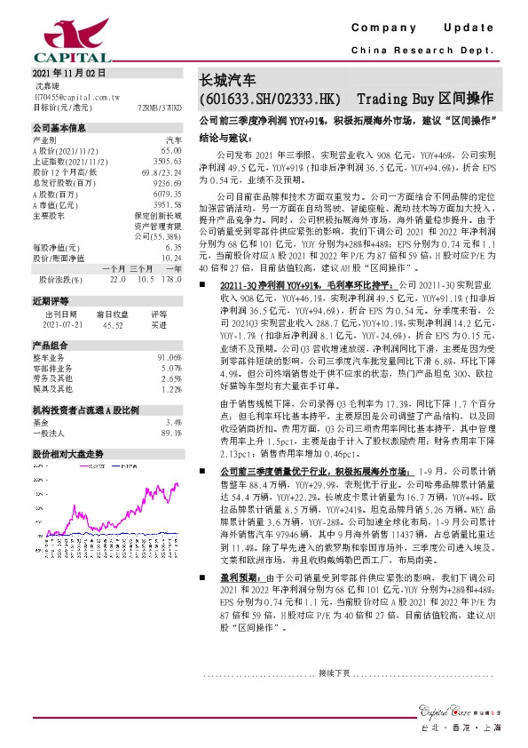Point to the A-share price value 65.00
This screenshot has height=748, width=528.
(170, 151)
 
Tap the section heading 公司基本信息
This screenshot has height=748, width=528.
(59, 128)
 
